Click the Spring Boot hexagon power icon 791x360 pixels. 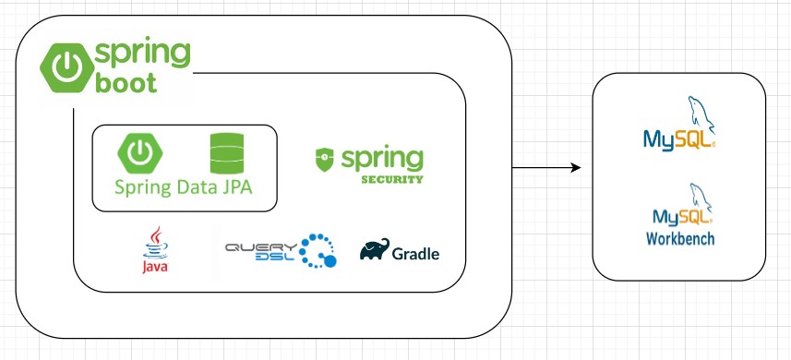click(65, 66)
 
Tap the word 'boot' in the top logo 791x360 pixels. click(126, 83)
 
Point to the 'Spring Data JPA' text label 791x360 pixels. click(183, 187)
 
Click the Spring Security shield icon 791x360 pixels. click(324, 159)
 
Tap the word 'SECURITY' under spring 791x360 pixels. click(391, 179)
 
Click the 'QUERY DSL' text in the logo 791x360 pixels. click(261, 250)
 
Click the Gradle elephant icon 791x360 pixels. click(374, 251)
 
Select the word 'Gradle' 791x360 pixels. click(415, 254)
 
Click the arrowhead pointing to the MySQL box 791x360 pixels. click(575, 168)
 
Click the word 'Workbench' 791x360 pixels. click(679, 239)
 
